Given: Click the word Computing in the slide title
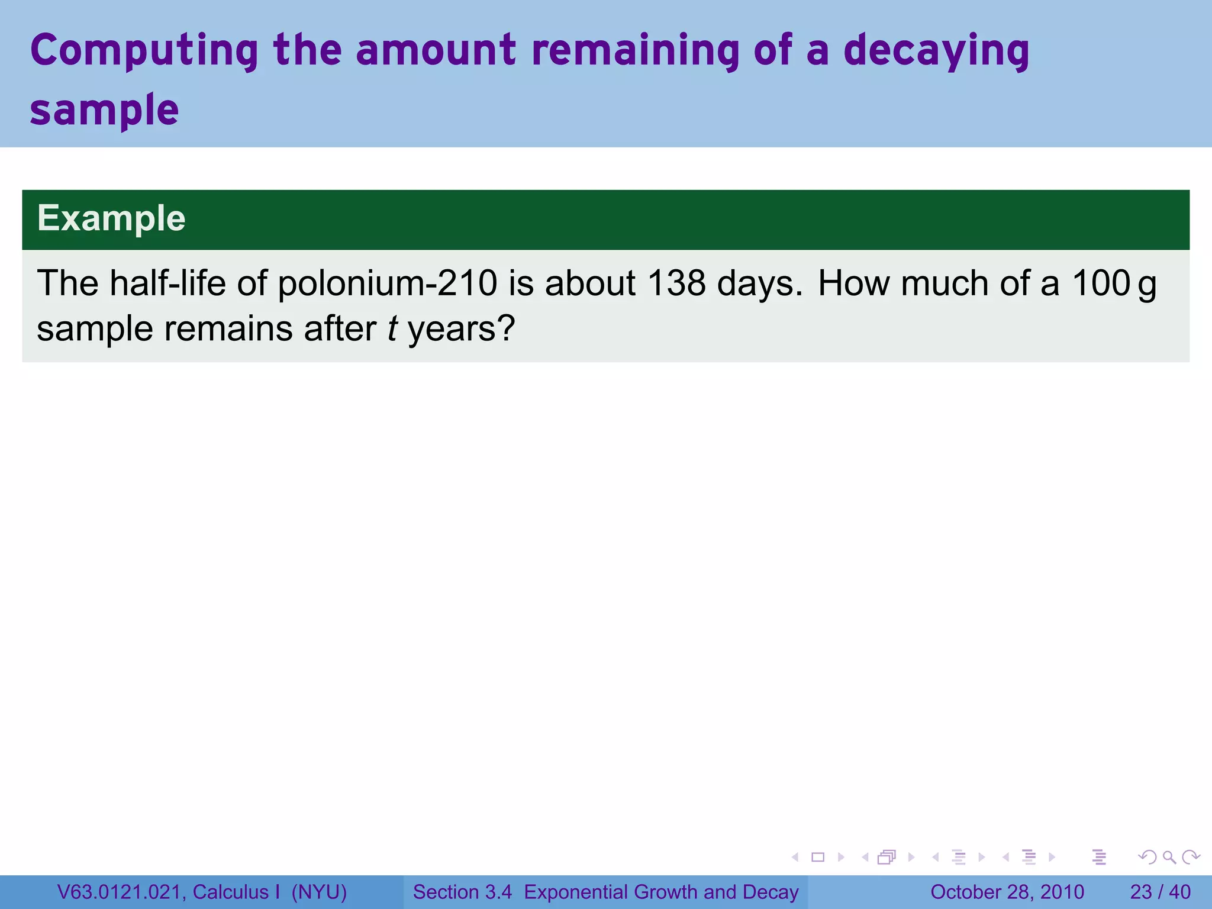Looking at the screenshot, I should click(144, 52).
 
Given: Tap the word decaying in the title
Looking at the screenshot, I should click(936, 52).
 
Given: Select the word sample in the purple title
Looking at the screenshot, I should click(104, 110).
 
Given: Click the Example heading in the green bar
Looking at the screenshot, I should click(111, 218).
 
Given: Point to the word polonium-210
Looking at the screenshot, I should click(388, 283).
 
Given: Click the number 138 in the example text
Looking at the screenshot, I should click(676, 283).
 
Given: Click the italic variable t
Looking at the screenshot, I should click(392, 328).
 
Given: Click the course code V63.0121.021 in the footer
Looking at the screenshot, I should click(121, 892).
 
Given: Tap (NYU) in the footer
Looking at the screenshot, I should click(319, 892).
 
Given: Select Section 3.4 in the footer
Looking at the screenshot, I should click(462, 892).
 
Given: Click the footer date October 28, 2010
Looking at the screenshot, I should click(1007, 892).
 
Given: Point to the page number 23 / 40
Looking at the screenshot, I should click(1161, 892).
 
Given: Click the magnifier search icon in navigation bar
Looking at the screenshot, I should click(1169, 857).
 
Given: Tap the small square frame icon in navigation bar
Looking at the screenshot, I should click(818, 857).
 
